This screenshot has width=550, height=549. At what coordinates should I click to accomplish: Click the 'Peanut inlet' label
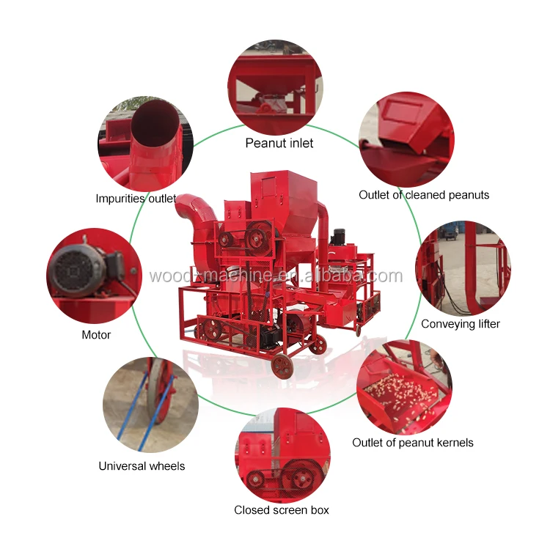point(279,143)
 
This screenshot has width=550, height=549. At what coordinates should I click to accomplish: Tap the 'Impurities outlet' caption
point(136,199)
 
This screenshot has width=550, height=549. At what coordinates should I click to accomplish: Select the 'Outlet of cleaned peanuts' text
point(424,195)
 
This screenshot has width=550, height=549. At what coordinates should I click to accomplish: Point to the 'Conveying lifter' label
point(460,323)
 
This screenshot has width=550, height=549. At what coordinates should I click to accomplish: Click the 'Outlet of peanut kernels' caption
point(413,443)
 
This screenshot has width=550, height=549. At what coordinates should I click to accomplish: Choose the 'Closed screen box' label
point(282,509)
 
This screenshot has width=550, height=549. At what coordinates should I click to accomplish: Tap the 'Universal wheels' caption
point(142,465)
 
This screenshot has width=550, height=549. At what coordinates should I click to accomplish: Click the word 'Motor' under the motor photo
point(96,335)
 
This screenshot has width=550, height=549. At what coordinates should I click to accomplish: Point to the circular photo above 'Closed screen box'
point(283,454)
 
